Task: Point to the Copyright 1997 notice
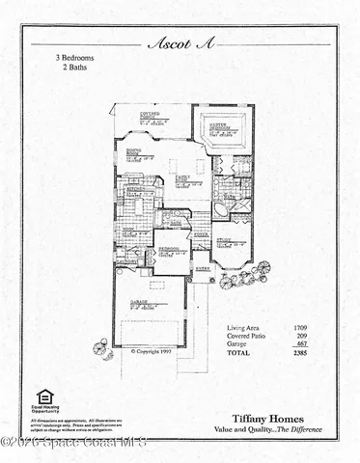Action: [153, 351]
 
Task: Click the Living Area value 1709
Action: [301, 329]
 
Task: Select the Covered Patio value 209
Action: [301, 337]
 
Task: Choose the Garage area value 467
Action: [301, 344]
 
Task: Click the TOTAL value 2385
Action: [300, 353]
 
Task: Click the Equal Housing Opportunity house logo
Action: [44, 397]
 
